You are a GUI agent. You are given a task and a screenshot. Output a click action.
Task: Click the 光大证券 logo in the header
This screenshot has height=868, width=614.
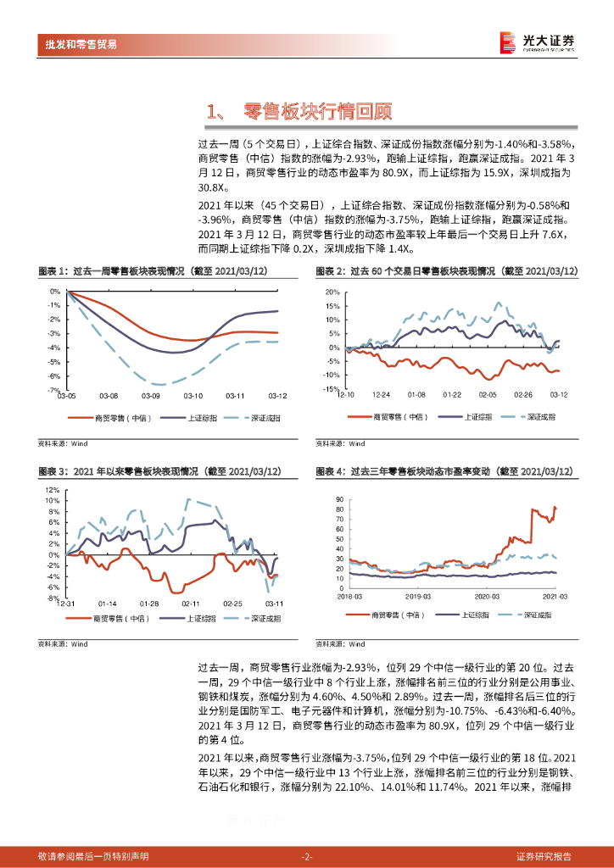[536, 42]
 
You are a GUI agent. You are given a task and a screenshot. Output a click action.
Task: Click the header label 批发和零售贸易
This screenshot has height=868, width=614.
[81, 44]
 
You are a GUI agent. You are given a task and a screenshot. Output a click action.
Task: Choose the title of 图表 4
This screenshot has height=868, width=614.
[444, 471]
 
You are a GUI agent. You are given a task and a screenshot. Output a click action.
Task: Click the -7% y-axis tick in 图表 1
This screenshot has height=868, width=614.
[54, 391]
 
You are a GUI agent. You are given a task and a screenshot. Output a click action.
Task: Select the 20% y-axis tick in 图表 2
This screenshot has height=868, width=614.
[332, 292]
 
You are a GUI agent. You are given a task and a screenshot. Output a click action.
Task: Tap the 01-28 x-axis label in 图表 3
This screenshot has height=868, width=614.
[149, 604]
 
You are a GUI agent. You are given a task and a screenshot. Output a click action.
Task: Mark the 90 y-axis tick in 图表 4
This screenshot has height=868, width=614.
[338, 499]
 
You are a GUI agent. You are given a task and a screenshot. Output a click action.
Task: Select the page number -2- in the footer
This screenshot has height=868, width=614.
[307, 856]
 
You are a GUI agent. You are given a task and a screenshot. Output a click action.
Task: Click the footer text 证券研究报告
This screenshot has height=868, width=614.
[544, 856]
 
